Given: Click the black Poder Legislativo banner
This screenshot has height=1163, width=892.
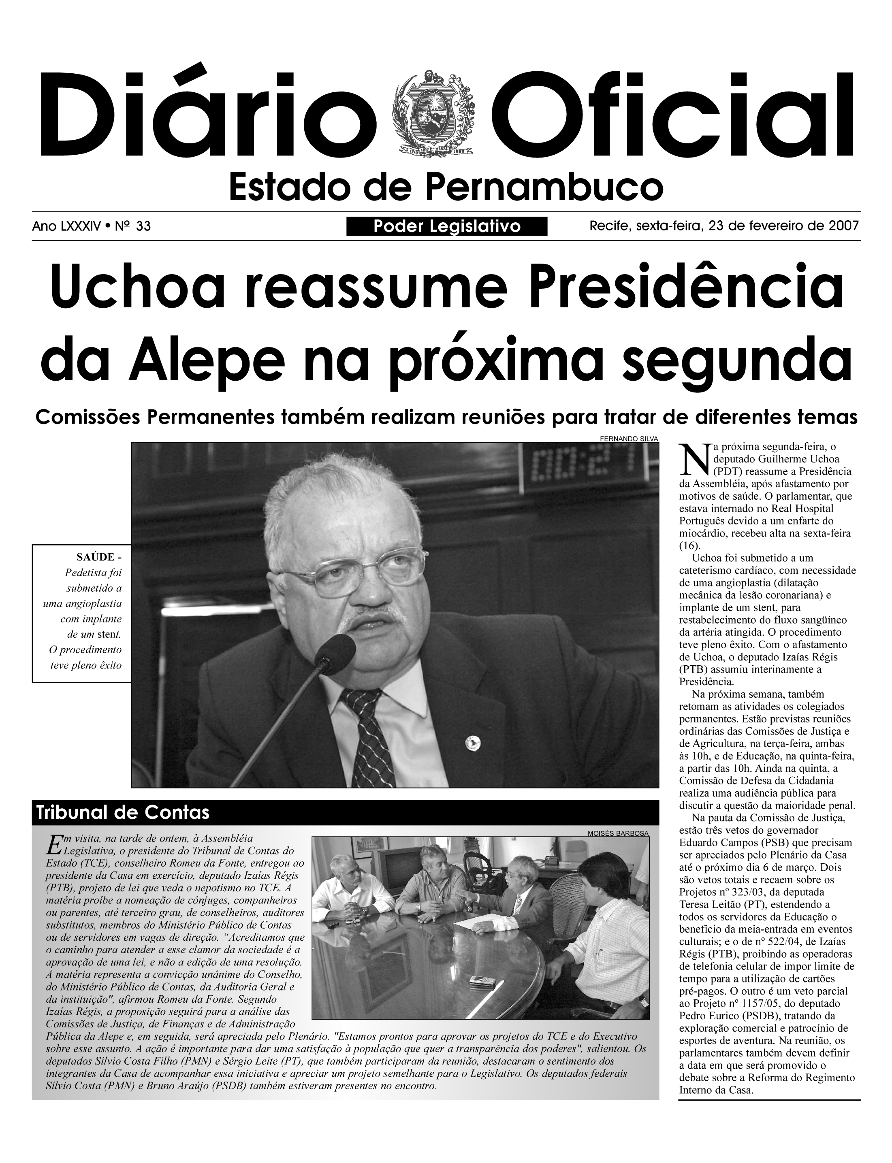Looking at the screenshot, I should (x=446, y=227).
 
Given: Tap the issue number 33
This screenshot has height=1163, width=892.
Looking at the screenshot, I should (x=143, y=227).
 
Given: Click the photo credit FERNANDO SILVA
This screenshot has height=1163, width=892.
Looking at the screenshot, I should (x=628, y=439).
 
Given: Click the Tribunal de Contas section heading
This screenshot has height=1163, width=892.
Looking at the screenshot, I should (x=122, y=813).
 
